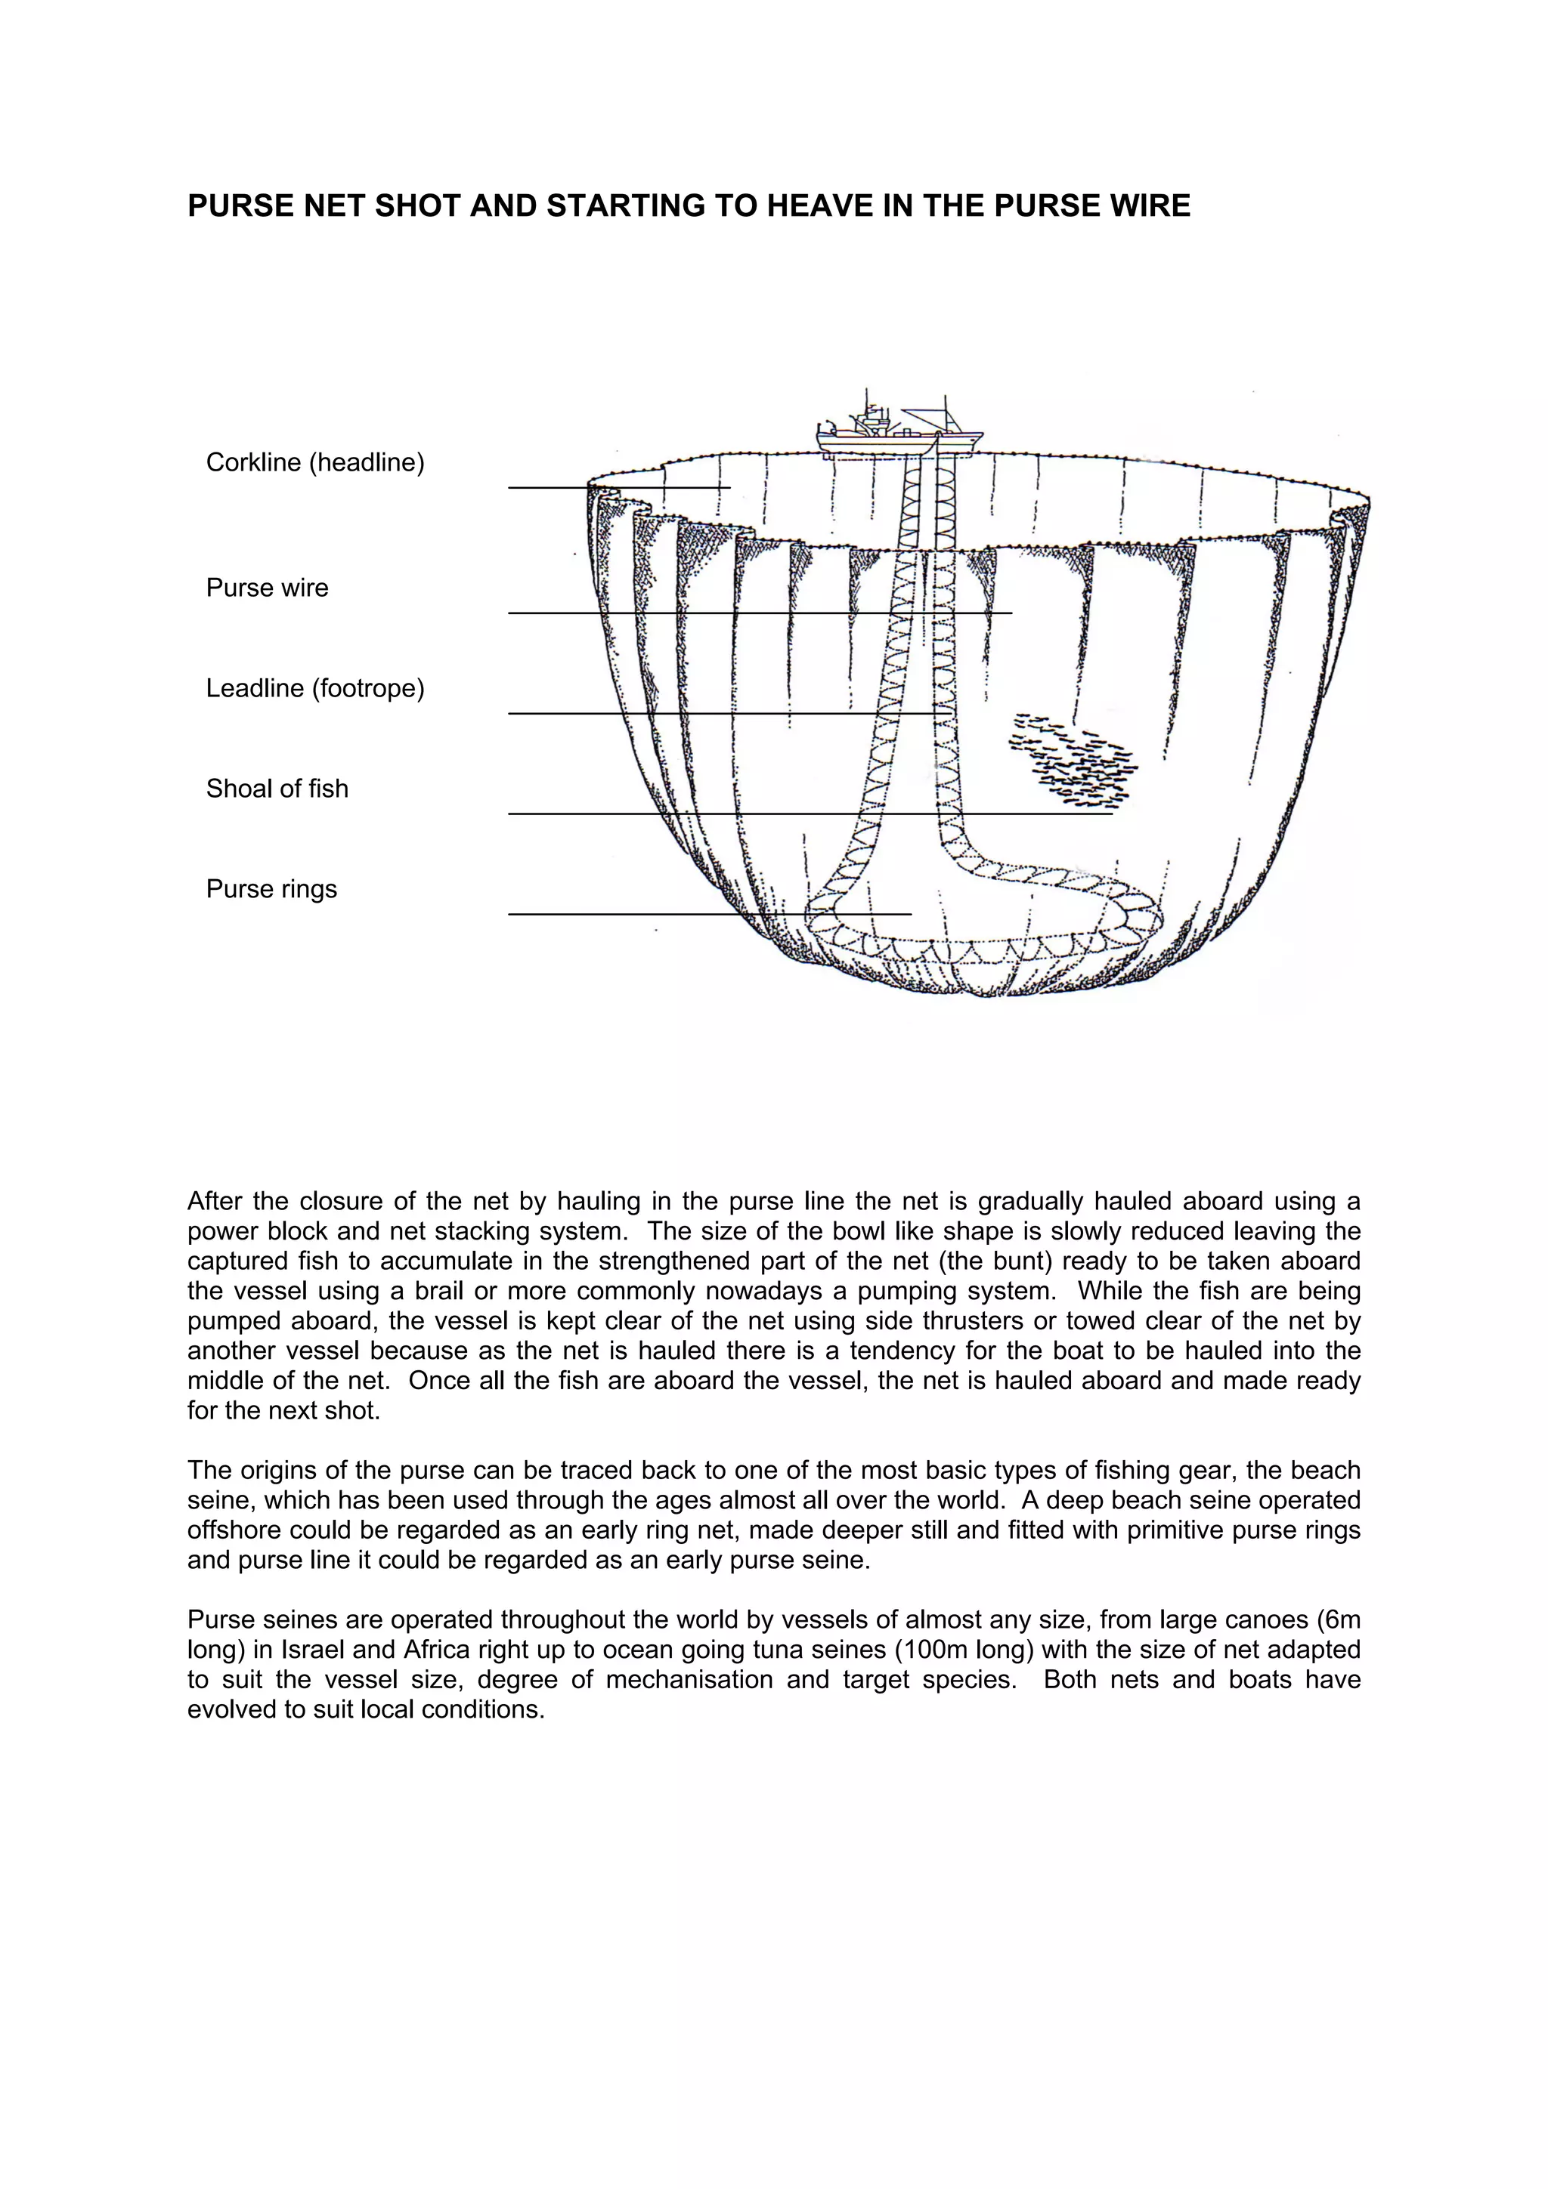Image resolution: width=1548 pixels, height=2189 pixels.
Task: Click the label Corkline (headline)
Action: (314, 462)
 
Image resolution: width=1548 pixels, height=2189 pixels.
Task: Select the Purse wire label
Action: (267, 588)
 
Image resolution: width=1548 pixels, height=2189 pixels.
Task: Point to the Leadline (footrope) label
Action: (314, 688)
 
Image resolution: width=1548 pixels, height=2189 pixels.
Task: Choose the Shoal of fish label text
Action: (277, 789)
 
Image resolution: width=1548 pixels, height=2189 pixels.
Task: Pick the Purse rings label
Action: (272, 890)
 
